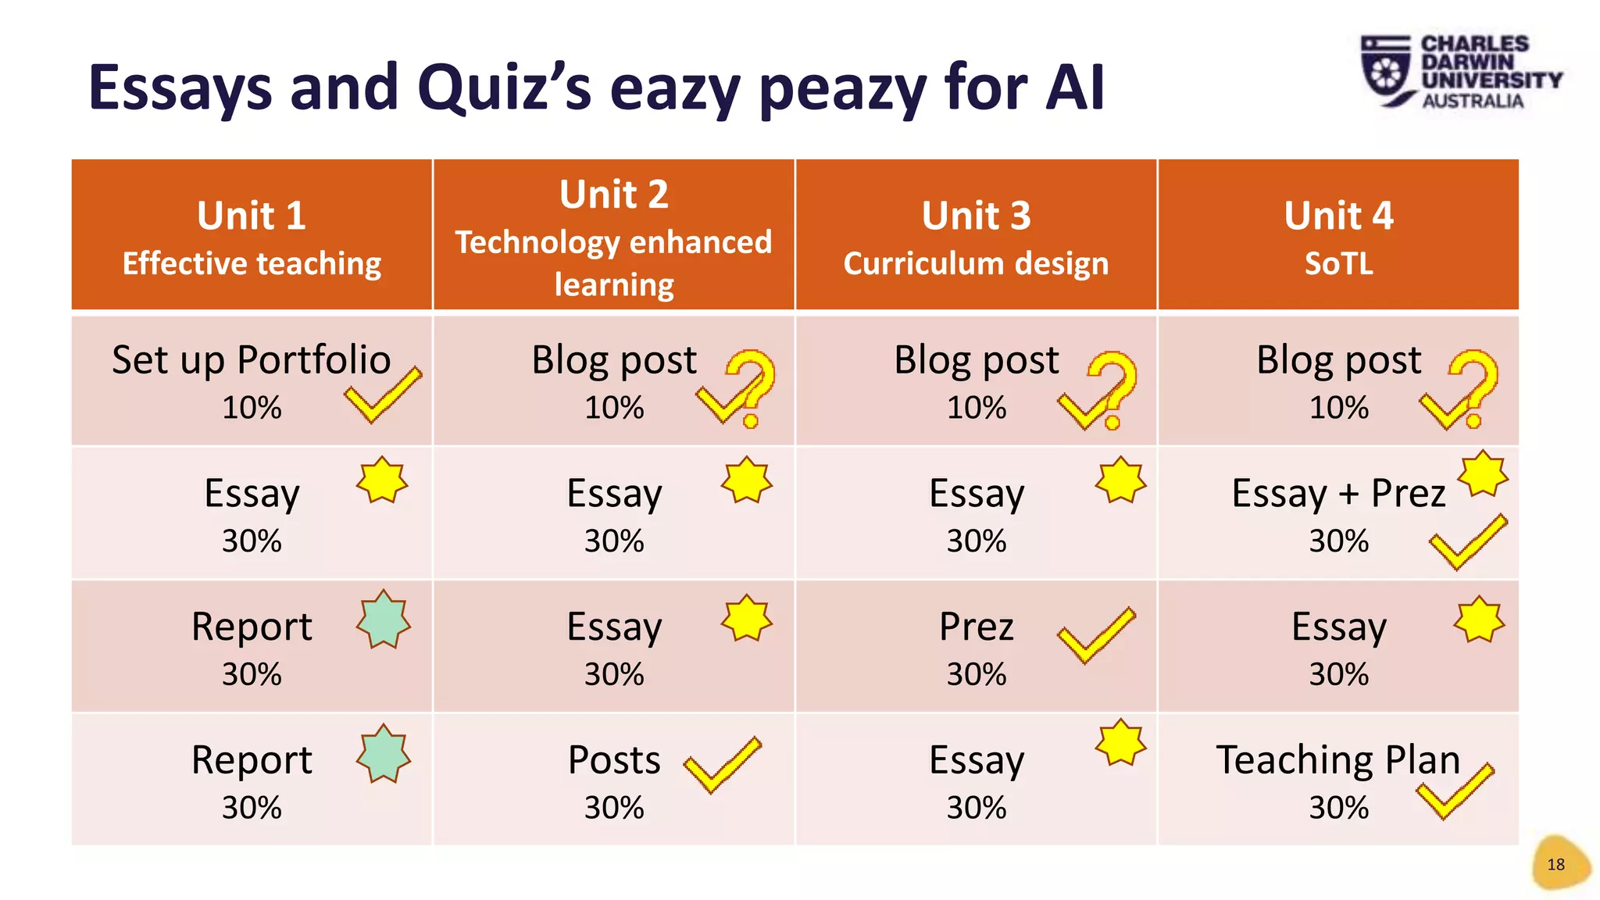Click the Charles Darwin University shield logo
tap(1386, 70)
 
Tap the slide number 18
tap(1555, 864)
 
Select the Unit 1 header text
tap(251, 216)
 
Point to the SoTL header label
tap(1338, 263)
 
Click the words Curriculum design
tap(976, 263)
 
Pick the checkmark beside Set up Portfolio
tap(382, 395)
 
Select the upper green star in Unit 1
tap(383, 620)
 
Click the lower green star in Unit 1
tap(383, 753)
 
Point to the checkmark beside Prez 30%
tap(1095, 634)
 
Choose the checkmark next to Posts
tap(722, 764)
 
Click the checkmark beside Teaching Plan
tap(1455, 791)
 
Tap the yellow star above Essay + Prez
tap(1482, 473)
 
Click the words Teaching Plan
tap(1338, 759)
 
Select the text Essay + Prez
tap(1338, 493)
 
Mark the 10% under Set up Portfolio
tap(252, 407)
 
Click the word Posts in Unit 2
tap(614, 759)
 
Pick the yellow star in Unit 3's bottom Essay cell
tap(1120, 742)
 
